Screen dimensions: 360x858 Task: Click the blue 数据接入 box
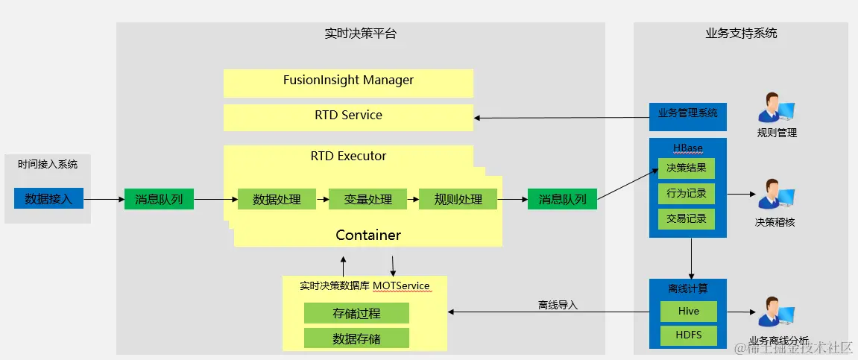click(x=48, y=198)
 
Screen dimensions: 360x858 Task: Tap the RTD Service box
click(x=348, y=116)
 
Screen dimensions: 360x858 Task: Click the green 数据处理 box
click(x=277, y=199)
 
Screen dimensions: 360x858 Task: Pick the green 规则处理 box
click(x=458, y=199)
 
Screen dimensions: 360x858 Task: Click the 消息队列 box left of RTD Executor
click(x=159, y=199)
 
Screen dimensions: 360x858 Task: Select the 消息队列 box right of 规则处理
click(x=562, y=199)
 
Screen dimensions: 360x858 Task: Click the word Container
click(x=368, y=235)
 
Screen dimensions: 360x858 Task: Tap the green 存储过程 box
click(x=356, y=313)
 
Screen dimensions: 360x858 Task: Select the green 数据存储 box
click(x=356, y=338)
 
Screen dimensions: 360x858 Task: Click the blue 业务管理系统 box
click(x=687, y=114)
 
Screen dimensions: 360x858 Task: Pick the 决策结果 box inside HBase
click(x=686, y=168)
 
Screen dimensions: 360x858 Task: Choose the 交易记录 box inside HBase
click(x=686, y=218)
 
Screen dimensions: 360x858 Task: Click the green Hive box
click(x=687, y=311)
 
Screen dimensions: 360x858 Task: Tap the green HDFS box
click(x=687, y=335)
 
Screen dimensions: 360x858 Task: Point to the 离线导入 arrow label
click(x=558, y=305)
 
